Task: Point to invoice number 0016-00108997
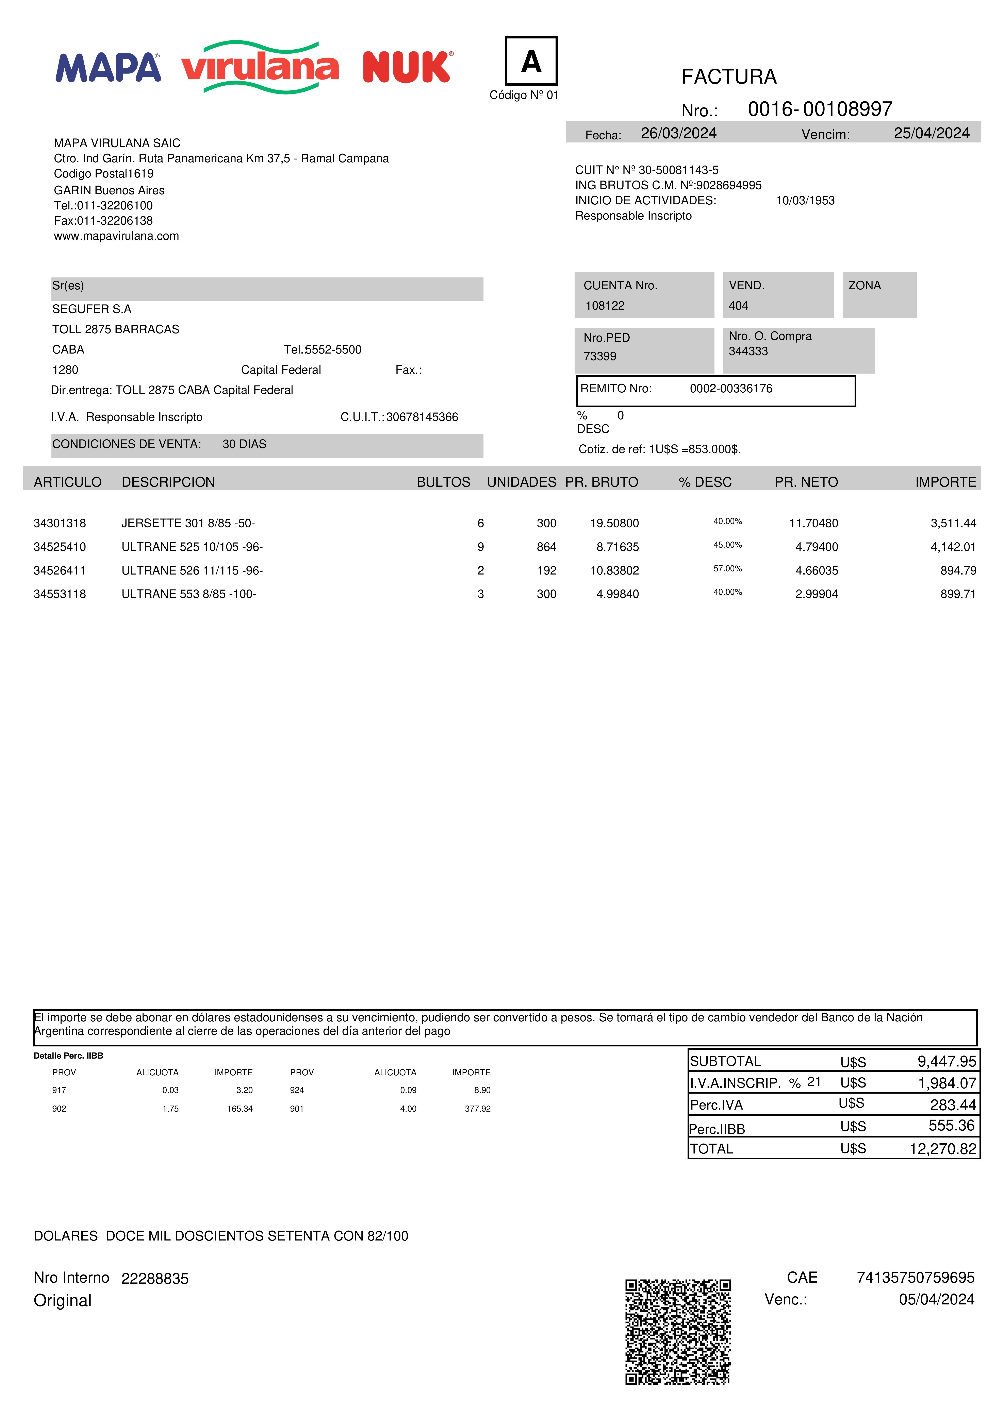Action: pos(820,109)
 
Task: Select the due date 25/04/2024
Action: pos(931,134)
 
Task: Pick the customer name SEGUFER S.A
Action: pos(92,309)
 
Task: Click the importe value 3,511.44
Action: pos(953,523)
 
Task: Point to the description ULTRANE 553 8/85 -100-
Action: pos(189,594)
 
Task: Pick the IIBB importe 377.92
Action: pos(478,1109)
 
